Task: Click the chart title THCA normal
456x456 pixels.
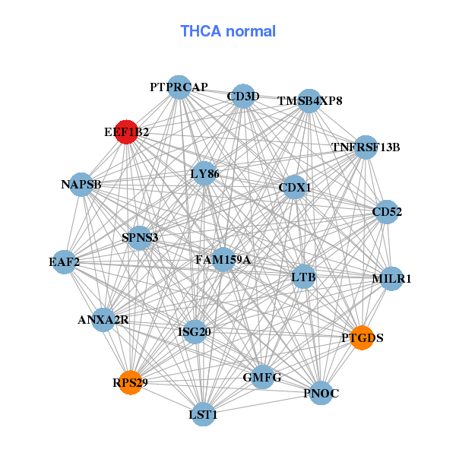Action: coord(228,31)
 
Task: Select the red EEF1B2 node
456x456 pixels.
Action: coord(126,131)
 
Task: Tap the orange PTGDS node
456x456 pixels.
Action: coord(363,337)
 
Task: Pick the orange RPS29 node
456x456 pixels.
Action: coord(130,382)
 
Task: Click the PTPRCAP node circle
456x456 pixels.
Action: coord(179,87)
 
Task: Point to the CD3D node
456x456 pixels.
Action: coord(242,96)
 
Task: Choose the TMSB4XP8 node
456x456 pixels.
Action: coord(309,100)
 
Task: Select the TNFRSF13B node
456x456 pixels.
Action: coord(366,147)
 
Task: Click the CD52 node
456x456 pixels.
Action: coord(386,212)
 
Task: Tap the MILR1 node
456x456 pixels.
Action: coord(391,279)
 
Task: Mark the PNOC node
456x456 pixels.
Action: coord(321,393)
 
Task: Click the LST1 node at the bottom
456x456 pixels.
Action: coord(203,414)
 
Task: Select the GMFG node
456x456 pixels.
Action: coord(262,377)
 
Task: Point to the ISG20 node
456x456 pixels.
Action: coord(195,331)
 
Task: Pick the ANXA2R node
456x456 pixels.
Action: coord(104,320)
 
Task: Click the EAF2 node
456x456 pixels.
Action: coord(65,263)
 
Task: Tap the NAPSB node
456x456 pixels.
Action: coord(81,184)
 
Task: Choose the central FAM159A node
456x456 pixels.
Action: coord(223,260)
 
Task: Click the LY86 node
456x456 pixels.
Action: coord(204,174)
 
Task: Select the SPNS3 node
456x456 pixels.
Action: coord(140,238)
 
